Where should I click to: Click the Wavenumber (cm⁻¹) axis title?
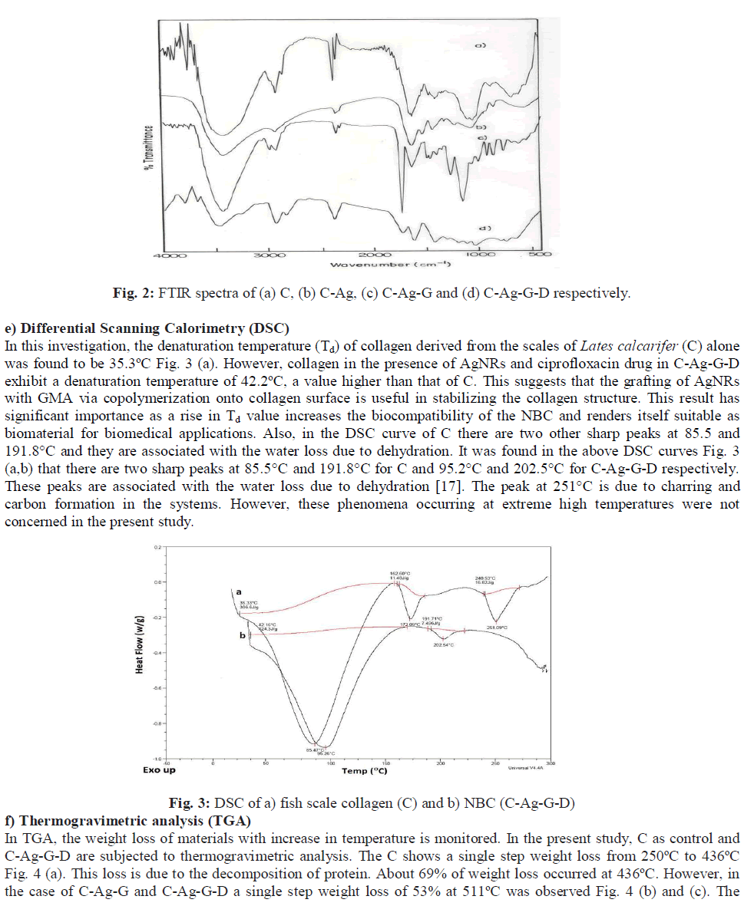[390, 264]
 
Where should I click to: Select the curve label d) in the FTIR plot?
[484, 228]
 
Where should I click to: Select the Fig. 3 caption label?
[188, 803]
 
